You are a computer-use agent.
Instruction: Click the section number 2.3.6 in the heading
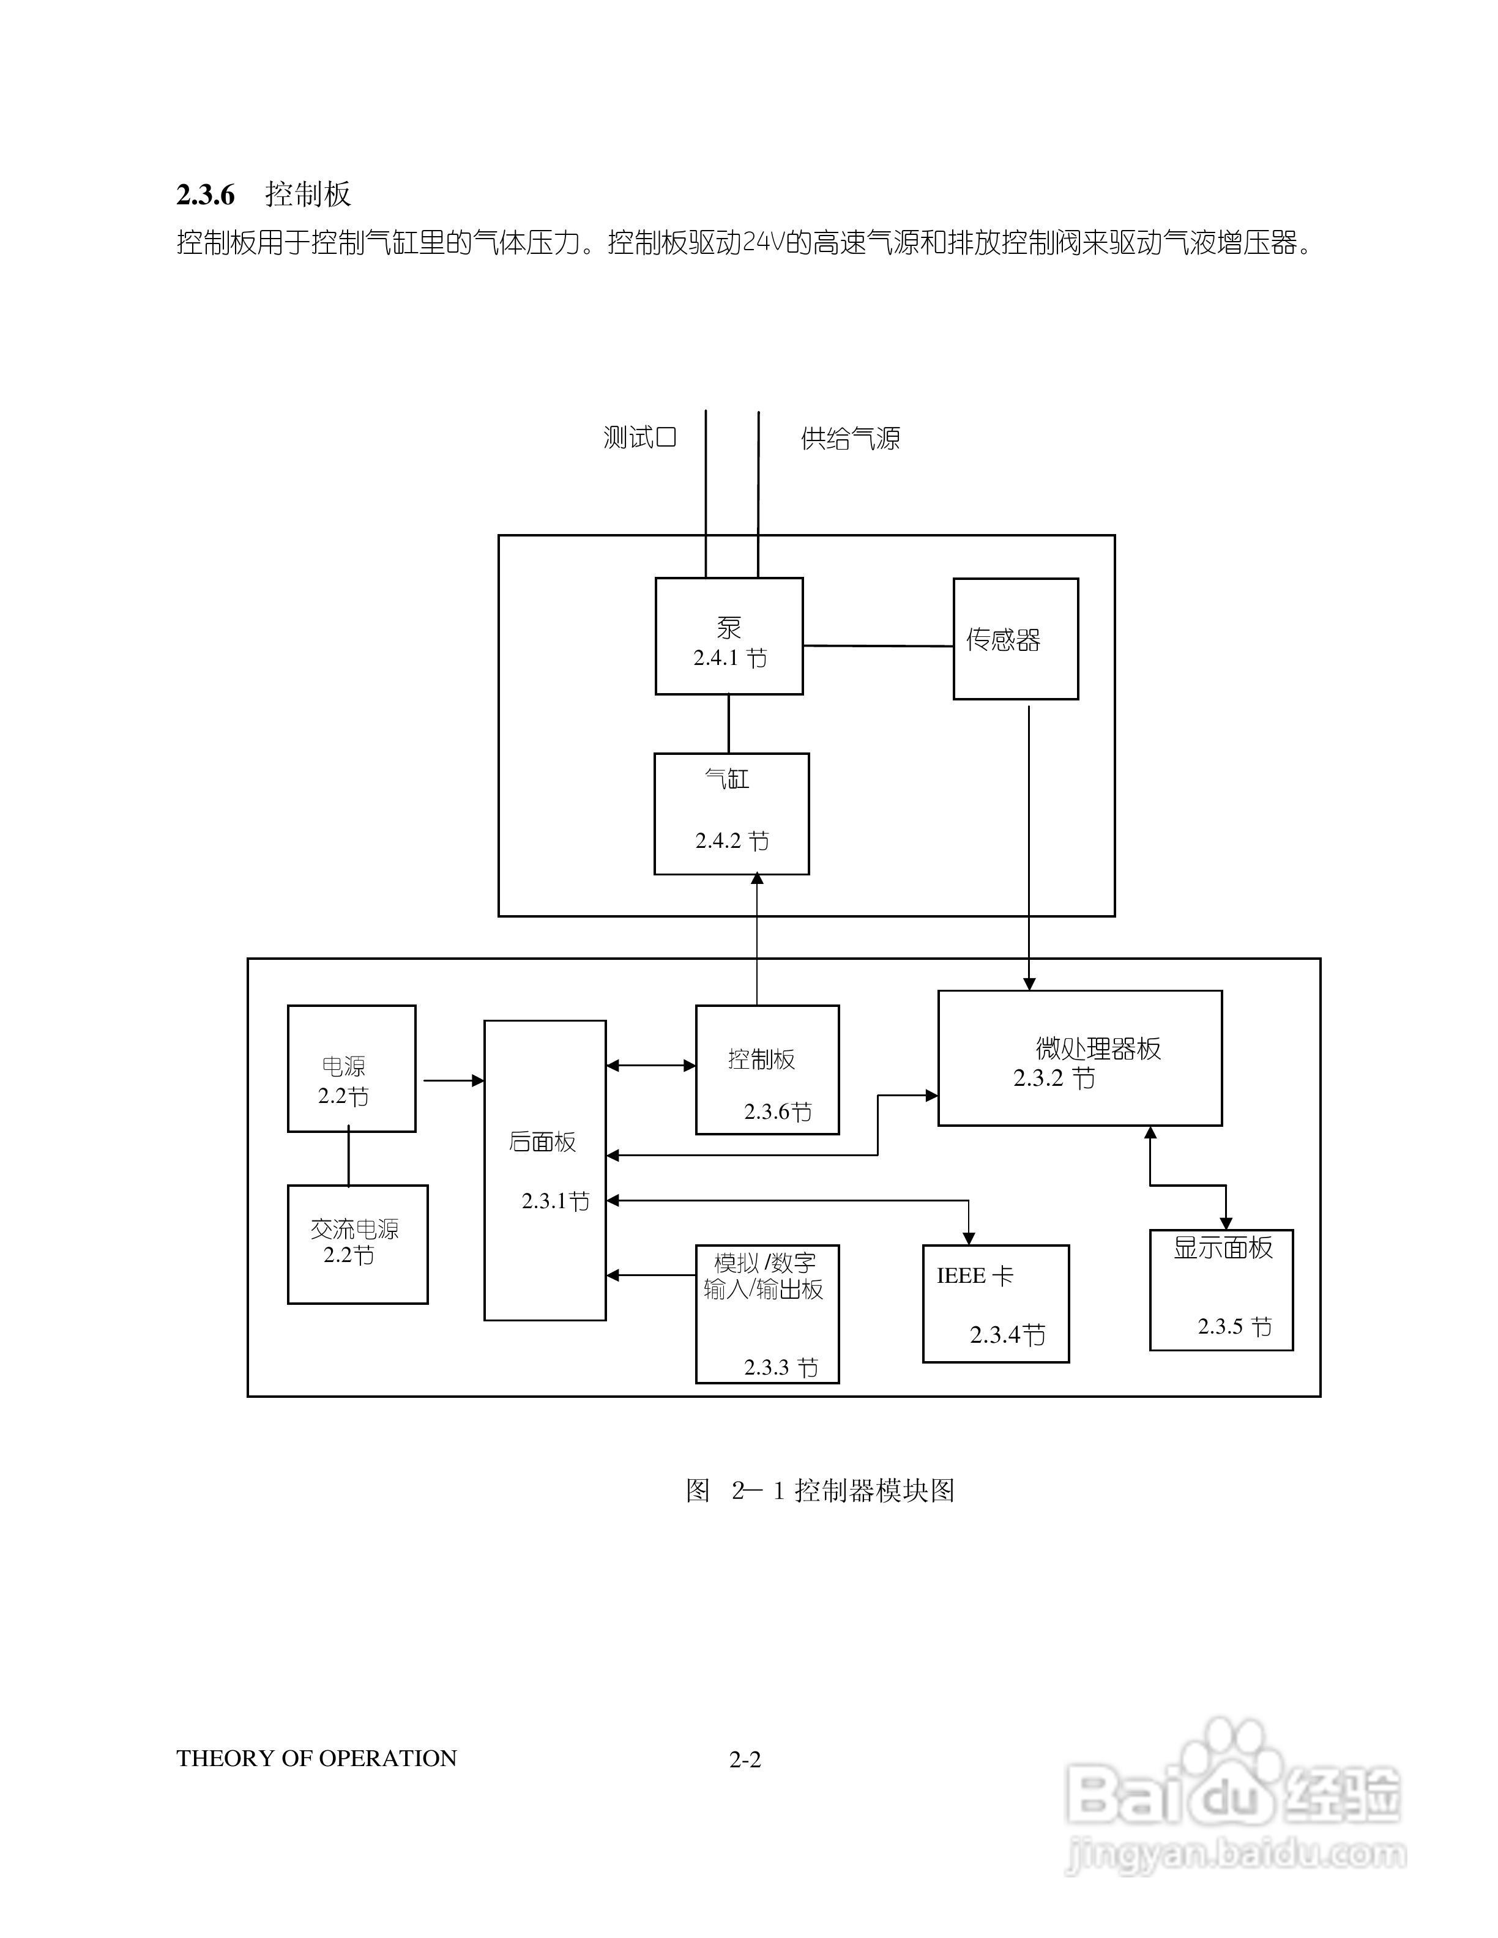pyautogui.click(x=205, y=195)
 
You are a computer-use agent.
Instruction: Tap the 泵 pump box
pyautogui.click(x=729, y=636)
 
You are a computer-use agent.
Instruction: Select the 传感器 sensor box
pyautogui.click(x=1015, y=639)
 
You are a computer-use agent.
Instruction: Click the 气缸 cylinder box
pyautogui.click(x=731, y=814)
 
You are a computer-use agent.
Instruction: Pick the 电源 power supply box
pyautogui.click(x=351, y=1067)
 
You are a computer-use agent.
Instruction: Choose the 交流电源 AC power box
pyautogui.click(x=357, y=1244)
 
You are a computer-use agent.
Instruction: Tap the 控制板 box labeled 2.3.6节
pyautogui.click(x=767, y=1069)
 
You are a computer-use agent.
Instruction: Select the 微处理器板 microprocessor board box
pyautogui.click(x=1079, y=1058)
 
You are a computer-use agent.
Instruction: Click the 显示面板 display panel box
pyautogui.click(x=1221, y=1290)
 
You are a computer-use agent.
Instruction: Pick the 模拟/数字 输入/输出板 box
pyautogui.click(x=767, y=1313)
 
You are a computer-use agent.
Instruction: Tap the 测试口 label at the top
pyautogui.click(x=640, y=437)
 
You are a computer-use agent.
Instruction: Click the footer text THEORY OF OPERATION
pyautogui.click(x=316, y=1759)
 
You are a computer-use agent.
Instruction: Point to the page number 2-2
pyautogui.click(x=745, y=1759)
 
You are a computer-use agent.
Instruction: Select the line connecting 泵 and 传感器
pyautogui.click(x=878, y=646)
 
